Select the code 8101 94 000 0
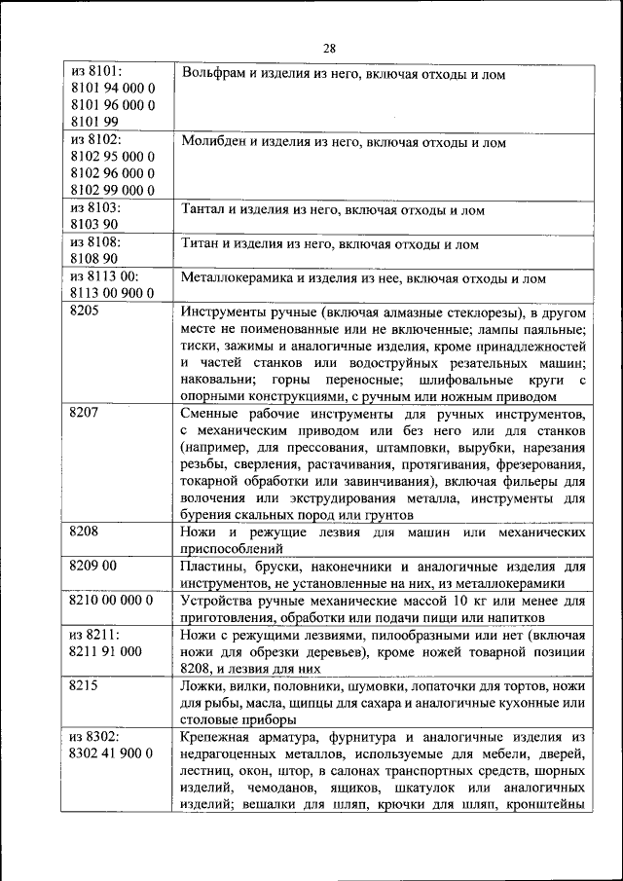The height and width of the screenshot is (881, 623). pyautogui.click(x=113, y=88)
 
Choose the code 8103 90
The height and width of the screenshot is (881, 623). pyautogui.click(x=94, y=224)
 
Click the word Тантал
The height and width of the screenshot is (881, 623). pyautogui.click(x=202, y=209)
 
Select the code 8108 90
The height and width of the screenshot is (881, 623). pyautogui.click(x=94, y=258)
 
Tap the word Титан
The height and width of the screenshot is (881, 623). pyautogui.click(x=201, y=244)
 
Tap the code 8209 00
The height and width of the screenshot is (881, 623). pyautogui.click(x=94, y=565)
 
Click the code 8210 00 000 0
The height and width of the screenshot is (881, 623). pyautogui.click(x=113, y=600)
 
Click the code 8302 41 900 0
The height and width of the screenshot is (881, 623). pyautogui.click(x=113, y=753)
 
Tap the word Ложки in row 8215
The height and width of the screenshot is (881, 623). pyautogui.click(x=202, y=686)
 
